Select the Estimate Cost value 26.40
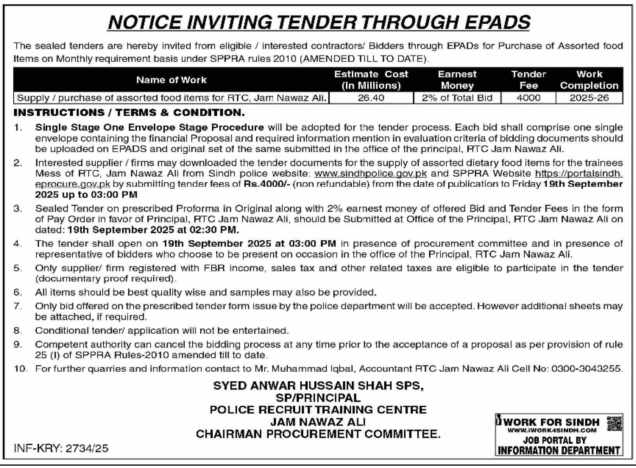pos(371,98)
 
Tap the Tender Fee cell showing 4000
pos(528,98)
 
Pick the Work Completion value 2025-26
pos(589,98)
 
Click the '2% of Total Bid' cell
pos(457,98)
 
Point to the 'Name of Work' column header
pos(171,80)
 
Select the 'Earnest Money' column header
pos(457,80)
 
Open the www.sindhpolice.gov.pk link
pos(370,173)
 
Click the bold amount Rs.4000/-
pos(267,184)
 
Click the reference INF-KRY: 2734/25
pos(61,448)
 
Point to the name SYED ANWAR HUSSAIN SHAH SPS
pos(318,386)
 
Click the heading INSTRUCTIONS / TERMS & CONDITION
pos(129,113)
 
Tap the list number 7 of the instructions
pos(18,306)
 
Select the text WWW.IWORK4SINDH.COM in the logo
pos(552,430)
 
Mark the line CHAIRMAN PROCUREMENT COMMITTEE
pos(318,434)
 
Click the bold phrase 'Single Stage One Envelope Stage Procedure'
pos(150,127)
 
